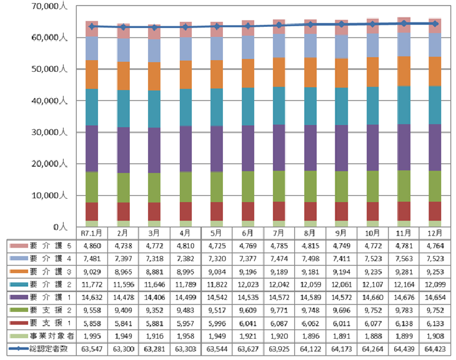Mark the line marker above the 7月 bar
(x=280, y=25)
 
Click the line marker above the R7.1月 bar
(x=92, y=26)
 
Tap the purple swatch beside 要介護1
(x=15, y=297)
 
